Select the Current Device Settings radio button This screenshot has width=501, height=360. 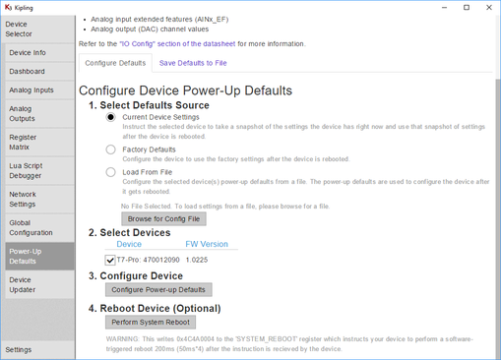tap(112, 117)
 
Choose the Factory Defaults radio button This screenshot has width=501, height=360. tap(112, 150)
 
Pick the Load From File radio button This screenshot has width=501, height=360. tap(112, 172)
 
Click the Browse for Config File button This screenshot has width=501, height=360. tap(163, 218)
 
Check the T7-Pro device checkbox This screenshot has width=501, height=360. tap(110, 260)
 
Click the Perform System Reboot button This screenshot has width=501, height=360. tap(151, 322)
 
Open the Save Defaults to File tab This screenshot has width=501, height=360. tap(193, 63)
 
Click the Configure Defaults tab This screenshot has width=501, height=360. tap(115, 63)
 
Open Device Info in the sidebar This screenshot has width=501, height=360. tap(28, 53)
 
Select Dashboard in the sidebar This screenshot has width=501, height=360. tap(28, 72)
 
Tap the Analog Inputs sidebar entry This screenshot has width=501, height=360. tap(31, 90)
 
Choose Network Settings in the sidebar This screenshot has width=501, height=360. tap(24, 200)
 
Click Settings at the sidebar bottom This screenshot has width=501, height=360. tap(19, 349)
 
